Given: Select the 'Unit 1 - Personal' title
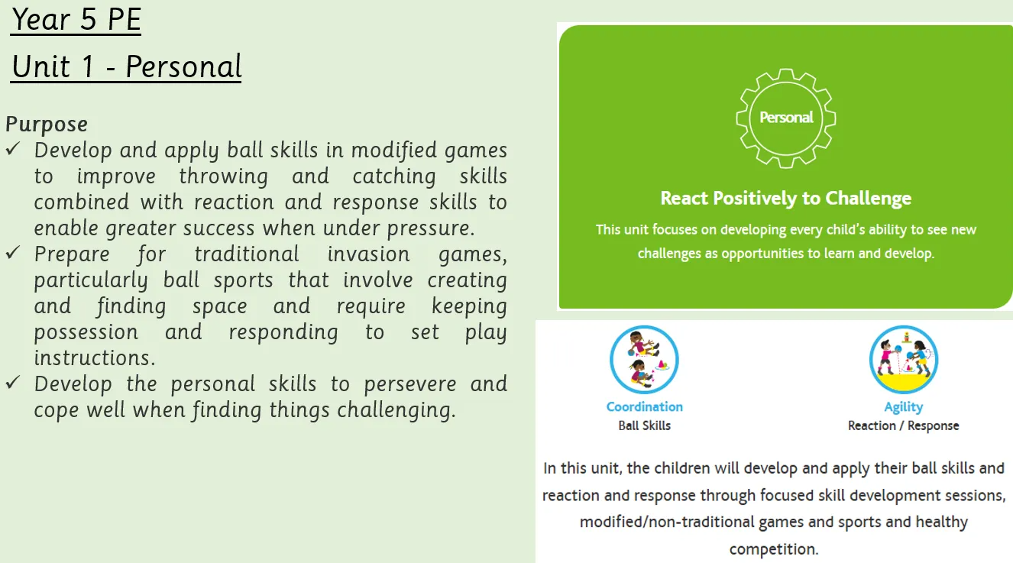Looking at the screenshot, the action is pyautogui.click(x=126, y=66).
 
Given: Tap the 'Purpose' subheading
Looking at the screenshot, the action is pyautogui.click(x=47, y=125).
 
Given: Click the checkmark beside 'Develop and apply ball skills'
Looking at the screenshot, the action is pyautogui.click(x=13, y=149).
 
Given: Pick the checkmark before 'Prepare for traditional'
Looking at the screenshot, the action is pyautogui.click(x=13, y=252).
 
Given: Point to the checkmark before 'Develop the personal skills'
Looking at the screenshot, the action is pyautogui.click(x=13, y=382).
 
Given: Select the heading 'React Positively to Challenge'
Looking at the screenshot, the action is pyautogui.click(x=786, y=199).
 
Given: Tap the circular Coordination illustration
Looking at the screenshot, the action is pyautogui.click(x=644, y=360).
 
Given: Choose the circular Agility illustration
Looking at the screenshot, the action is pyautogui.click(x=904, y=360).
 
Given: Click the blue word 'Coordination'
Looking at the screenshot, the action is pyautogui.click(x=645, y=406).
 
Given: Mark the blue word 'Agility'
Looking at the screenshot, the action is pyautogui.click(x=904, y=407).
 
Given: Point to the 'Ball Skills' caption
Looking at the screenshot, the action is pyautogui.click(x=645, y=425).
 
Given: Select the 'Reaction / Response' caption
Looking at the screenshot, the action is pyautogui.click(x=904, y=425).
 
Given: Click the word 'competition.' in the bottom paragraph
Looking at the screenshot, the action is pyautogui.click(x=774, y=549).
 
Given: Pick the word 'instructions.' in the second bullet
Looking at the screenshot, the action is pyautogui.click(x=95, y=358).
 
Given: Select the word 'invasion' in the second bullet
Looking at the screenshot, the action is pyautogui.click(x=368, y=254).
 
